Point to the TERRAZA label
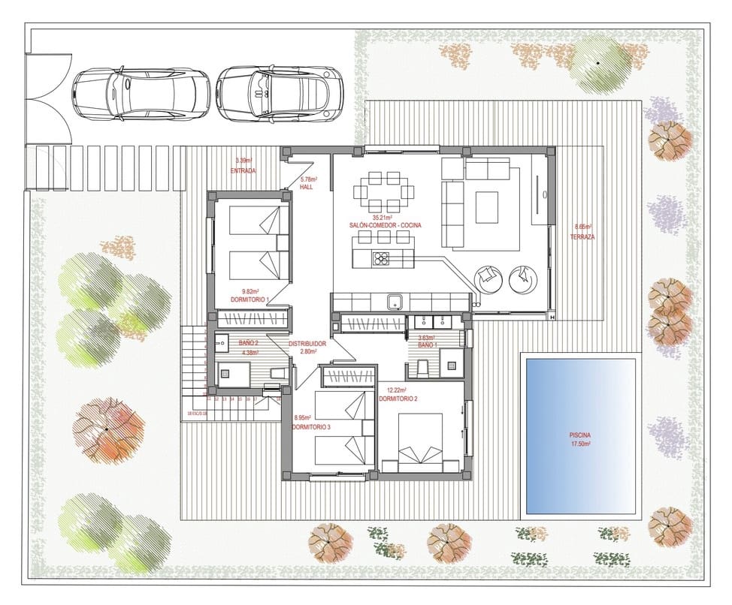pos(582,236)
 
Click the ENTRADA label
pos(243,171)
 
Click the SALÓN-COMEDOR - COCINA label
pos(386,225)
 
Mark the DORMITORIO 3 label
pos(311,426)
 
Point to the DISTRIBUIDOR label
pos(307,344)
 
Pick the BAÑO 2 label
pos(249,342)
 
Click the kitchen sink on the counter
pos(395,302)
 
